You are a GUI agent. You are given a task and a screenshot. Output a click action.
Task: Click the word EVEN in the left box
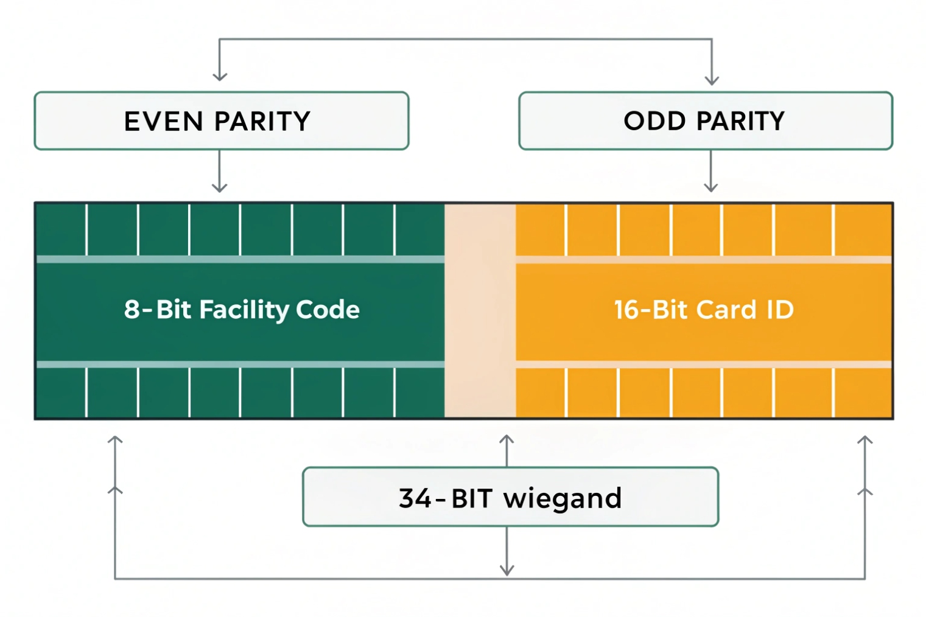[x=163, y=122]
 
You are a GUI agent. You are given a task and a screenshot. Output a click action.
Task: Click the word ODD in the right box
[x=654, y=121]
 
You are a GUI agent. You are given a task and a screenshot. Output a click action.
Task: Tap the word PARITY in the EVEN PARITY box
[x=262, y=122]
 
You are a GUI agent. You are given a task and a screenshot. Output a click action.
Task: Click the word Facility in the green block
[x=244, y=310]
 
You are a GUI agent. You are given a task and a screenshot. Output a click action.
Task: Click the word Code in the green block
[x=328, y=310]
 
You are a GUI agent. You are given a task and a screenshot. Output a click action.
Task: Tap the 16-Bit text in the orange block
[x=650, y=310]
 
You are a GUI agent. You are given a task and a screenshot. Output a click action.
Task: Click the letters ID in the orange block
[x=780, y=310]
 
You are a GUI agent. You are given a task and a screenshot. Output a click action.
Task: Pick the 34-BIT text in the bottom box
[x=445, y=498]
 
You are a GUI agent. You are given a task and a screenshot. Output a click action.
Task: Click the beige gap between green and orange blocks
[x=480, y=310]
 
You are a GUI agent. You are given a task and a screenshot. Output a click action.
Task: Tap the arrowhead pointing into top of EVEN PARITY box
[x=220, y=76]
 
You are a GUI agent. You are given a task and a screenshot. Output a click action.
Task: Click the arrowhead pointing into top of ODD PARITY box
[x=712, y=80]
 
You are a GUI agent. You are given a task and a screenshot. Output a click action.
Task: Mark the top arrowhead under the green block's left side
[x=115, y=439]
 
